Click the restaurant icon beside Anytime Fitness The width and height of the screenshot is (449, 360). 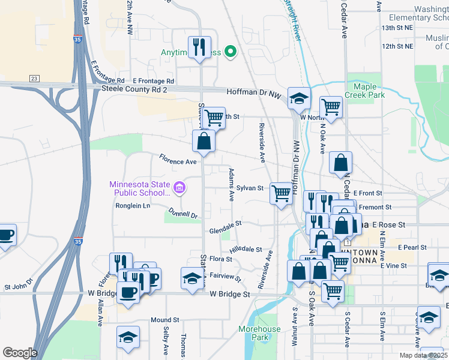[x=199, y=47]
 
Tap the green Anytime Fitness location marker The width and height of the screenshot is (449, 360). [x=229, y=52]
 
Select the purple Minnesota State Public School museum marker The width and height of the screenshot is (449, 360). [x=179, y=189]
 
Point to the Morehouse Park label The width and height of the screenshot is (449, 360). [x=259, y=333]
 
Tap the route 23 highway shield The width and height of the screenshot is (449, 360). [x=34, y=79]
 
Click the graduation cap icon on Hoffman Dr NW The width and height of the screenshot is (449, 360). [x=298, y=98]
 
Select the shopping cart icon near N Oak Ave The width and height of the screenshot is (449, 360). [x=331, y=107]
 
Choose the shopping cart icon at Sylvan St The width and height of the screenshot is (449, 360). [x=280, y=193]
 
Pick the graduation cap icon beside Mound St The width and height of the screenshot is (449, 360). [x=128, y=337]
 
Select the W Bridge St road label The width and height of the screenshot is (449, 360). [x=230, y=295]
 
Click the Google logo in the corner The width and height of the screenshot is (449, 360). [x=20, y=353]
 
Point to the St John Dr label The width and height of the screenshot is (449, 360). [x=17, y=288]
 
